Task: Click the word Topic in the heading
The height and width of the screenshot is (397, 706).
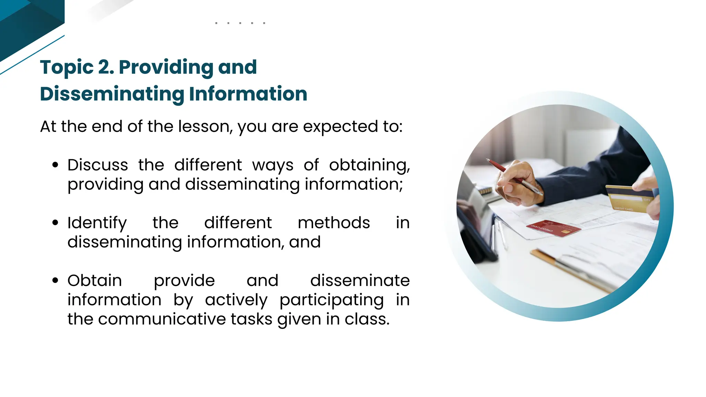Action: tap(67, 68)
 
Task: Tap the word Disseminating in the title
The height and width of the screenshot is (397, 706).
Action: tap(112, 94)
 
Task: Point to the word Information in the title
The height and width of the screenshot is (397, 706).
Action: tap(248, 94)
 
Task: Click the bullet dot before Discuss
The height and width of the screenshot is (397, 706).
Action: tap(55, 165)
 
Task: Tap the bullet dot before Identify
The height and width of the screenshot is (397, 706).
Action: tap(55, 223)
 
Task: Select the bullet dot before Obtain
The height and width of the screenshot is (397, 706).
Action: tap(55, 281)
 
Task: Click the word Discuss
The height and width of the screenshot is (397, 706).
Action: tap(98, 165)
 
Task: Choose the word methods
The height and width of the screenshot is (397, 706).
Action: tap(334, 223)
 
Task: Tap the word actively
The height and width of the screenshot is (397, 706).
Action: tap(236, 300)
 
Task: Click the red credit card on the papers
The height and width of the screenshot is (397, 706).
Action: tap(553, 228)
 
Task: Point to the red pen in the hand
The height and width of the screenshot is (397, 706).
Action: tap(514, 176)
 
